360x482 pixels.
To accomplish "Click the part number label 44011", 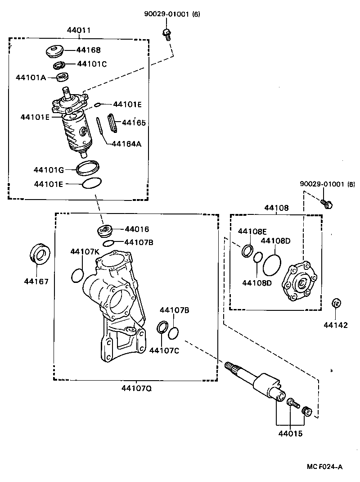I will pos(79,31).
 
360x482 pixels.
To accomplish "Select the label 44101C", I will pos(92,64).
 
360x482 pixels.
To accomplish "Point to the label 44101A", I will pos(31,77).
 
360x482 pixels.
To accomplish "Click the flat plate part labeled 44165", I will pos(112,123).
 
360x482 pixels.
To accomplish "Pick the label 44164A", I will pos(126,144).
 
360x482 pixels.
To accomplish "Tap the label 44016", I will pos(137,229).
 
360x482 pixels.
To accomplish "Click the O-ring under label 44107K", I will pos(77,275).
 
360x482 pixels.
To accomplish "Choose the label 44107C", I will pos(164,350).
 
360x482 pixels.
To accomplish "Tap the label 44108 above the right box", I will pos(276,208).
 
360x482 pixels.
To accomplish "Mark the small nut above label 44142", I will pos(335,303).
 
